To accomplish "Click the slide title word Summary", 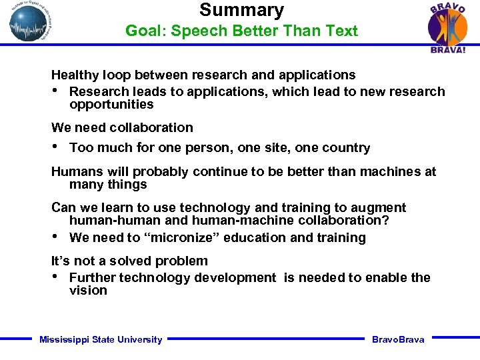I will [241, 10].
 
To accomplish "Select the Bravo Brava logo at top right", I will [447, 27].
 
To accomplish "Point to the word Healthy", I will [75, 75].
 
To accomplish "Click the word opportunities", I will [111, 105].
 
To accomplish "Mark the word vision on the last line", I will [88, 291].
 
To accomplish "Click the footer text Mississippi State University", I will [101, 340].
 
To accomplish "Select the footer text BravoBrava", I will [398, 340].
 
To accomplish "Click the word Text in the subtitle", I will [342, 31].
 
